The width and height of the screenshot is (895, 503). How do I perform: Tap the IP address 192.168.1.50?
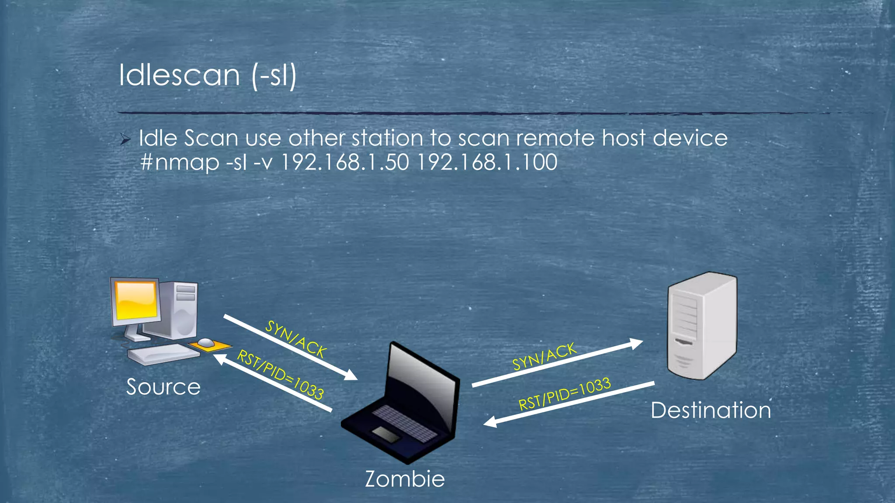(345, 162)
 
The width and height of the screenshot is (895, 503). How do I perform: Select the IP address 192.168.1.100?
(487, 162)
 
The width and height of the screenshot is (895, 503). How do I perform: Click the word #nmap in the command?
(180, 162)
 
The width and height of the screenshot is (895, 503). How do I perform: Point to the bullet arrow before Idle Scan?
(125, 140)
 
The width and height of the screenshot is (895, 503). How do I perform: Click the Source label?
(163, 387)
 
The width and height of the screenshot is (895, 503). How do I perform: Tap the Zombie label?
(405, 479)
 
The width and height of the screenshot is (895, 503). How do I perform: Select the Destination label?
(711, 410)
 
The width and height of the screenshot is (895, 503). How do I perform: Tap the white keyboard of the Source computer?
(163, 354)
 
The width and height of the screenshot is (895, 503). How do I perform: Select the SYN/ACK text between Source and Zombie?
(296, 339)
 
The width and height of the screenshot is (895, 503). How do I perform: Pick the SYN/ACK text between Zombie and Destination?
(544, 356)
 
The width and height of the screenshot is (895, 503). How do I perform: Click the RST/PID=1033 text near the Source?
(280, 375)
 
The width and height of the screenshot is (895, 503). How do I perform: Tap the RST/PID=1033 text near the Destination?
(564, 394)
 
